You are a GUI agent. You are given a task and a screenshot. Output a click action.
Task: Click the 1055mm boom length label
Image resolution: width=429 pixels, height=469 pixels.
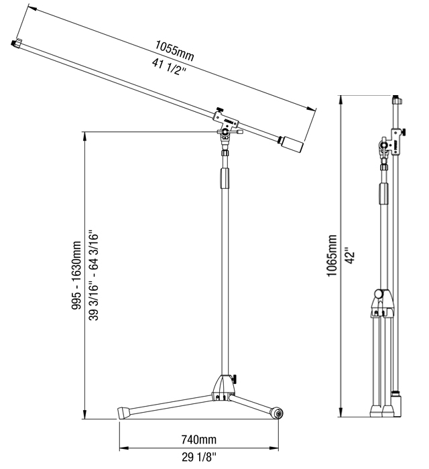click(174, 50)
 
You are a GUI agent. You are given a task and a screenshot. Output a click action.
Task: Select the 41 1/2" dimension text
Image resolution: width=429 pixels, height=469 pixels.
click(169, 67)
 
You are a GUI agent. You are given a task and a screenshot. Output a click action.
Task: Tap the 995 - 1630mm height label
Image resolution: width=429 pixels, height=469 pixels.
click(76, 275)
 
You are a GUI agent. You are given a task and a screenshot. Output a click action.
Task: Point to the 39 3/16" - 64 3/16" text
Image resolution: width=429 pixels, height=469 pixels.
click(94, 275)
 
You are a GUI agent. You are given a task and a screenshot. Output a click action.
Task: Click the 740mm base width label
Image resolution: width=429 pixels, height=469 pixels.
click(198, 440)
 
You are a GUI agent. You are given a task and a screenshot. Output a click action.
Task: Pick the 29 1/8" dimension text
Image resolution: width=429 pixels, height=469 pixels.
click(198, 457)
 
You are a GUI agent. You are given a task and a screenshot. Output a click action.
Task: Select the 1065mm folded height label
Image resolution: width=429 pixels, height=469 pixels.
click(332, 256)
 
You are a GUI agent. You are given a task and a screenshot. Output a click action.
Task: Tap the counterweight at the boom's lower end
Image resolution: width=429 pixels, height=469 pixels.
click(291, 143)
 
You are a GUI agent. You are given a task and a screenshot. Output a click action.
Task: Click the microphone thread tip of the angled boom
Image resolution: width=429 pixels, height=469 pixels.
click(13, 44)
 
